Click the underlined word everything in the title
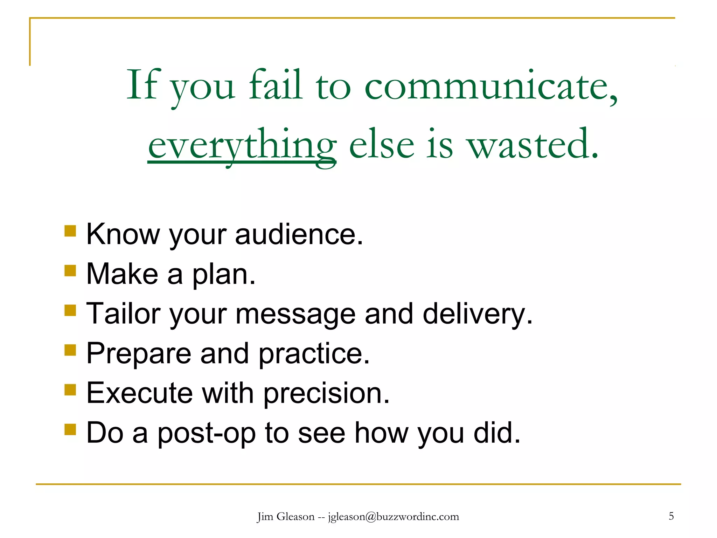click(x=242, y=145)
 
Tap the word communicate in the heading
click(x=490, y=86)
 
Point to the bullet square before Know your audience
click(x=70, y=231)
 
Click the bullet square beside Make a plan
click(x=70, y=271)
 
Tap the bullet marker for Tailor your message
click(x=70, y=310)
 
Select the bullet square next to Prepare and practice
click(x=70, y=350)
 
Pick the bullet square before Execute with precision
click(x=70, y=389)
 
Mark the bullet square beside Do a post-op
click(x=70, y=429)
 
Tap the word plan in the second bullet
click(x=224, y=274)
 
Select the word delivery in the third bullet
click(x=478, y=314)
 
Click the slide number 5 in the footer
click(x=671, y=516)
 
